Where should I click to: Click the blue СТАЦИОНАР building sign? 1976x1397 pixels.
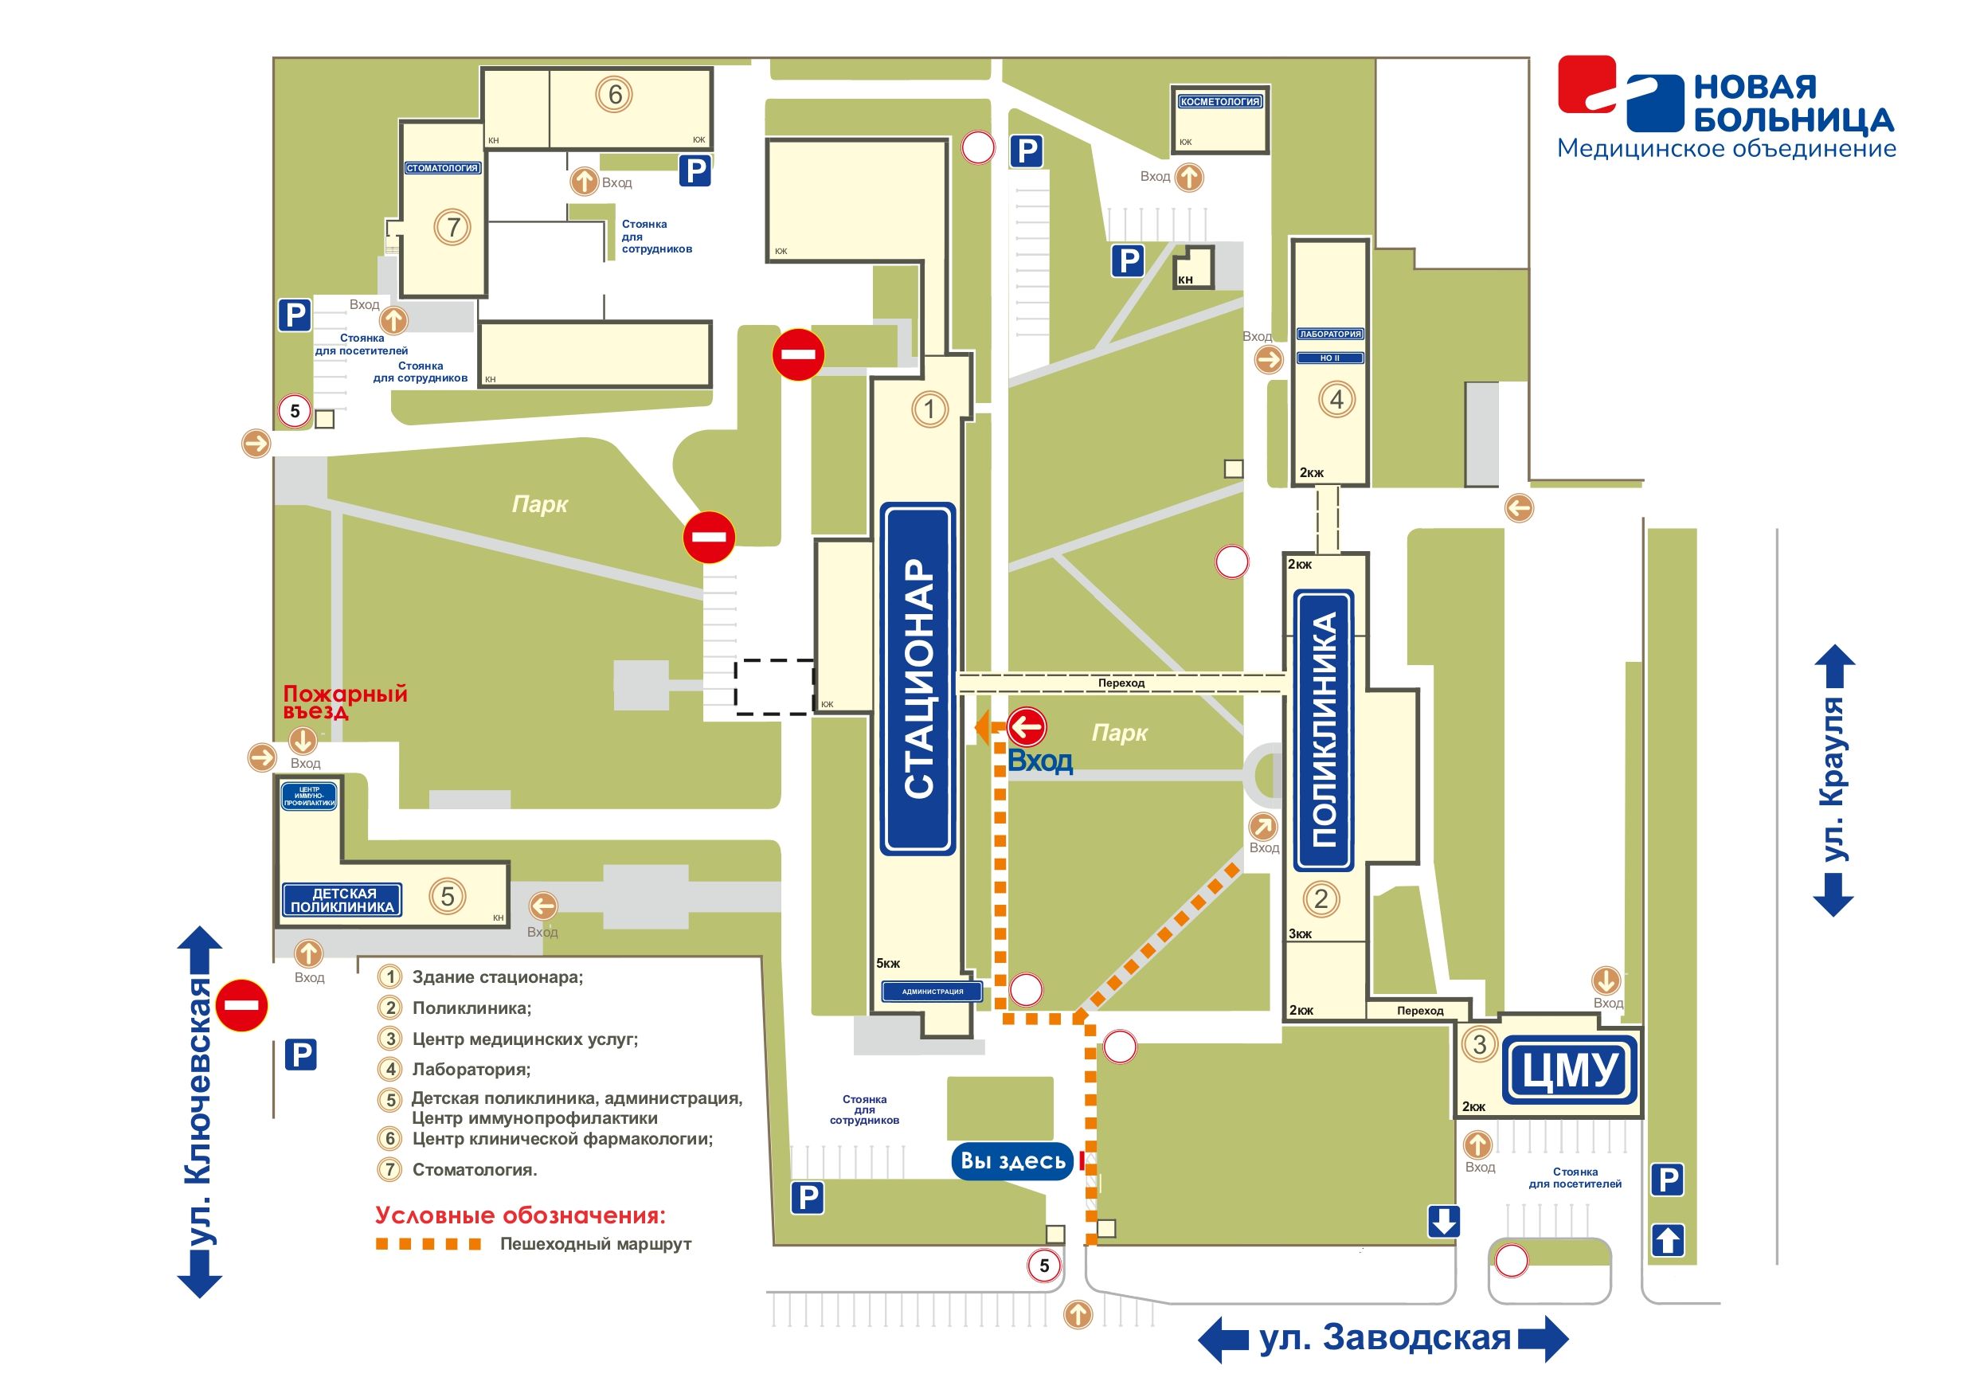pos(918,679)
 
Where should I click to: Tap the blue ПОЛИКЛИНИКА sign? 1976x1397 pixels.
pos(1324,730)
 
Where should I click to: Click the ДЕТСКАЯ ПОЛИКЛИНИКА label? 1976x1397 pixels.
pos(342,900)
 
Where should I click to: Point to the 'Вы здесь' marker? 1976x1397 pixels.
pos(1013,1160)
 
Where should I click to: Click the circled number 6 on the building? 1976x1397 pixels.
pos(615,94)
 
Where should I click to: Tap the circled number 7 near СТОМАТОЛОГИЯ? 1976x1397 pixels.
pos(452,227)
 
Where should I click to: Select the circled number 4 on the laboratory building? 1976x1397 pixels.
pos(1336,399)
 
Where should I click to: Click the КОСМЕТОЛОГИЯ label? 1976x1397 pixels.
pos(1219,102)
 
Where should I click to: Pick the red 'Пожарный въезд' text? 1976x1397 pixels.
pos(344,702)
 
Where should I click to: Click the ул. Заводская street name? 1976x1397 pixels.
pos(1385,1337)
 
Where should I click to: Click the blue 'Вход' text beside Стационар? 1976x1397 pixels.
pos(1039,761)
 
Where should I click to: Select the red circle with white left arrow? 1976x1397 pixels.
pos(1026,727)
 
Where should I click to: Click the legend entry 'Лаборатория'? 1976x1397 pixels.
pos(471,1070)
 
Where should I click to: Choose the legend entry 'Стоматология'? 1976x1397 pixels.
pos(474,1170)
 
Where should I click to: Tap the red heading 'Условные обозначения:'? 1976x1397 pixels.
pos(520,1215)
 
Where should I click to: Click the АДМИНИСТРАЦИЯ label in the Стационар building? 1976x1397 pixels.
pos(932,992)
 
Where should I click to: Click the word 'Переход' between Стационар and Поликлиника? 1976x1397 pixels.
pos(1121,683)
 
